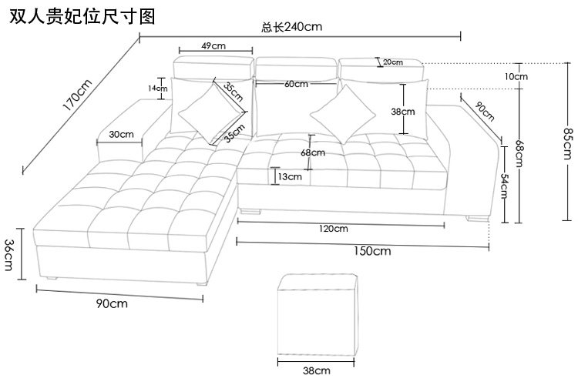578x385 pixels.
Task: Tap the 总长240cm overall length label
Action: click(x=291, y=27)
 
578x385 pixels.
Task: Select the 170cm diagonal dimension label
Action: click(x=77, y=93)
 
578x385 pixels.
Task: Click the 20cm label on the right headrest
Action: click(x=392, y=62)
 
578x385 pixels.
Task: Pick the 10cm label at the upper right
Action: click(x=516, y=75)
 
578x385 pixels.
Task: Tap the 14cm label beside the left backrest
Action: click(x=157, y=88)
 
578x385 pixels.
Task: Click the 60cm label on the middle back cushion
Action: click(x=296, y=83)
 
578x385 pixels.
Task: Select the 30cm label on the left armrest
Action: click(x=121, y=134)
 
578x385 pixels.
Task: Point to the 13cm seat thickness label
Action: click(x=289, y=176)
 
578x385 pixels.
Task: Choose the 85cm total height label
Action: click(x=568, y=145)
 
